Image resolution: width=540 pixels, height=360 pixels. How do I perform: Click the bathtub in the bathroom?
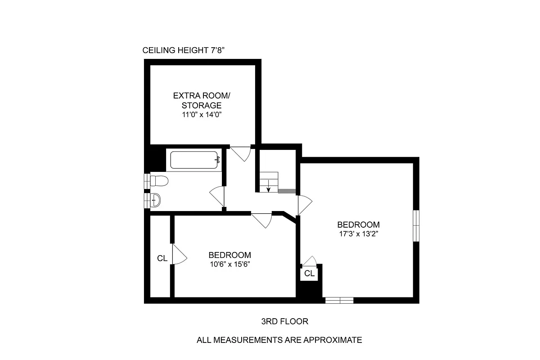click(194, 161)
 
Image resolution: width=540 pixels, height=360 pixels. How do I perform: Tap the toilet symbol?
click(159, 181)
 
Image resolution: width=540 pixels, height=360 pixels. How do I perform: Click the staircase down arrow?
click(269, 186)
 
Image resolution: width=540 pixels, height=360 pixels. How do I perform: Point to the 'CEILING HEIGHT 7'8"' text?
click(183, 50)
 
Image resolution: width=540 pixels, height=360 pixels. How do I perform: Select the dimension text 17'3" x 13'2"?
click(359, 234)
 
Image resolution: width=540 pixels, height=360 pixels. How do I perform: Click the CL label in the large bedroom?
click(309, 273)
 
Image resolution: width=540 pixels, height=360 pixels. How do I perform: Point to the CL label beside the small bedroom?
click(162, 258)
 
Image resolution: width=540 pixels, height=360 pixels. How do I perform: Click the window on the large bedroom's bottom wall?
click(339, 300)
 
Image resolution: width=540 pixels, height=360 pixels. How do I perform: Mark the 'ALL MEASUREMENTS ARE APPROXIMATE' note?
click(279, 340)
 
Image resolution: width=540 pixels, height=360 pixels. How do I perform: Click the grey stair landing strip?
click(287, 192)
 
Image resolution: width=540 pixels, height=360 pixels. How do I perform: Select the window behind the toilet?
click(147, 181)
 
